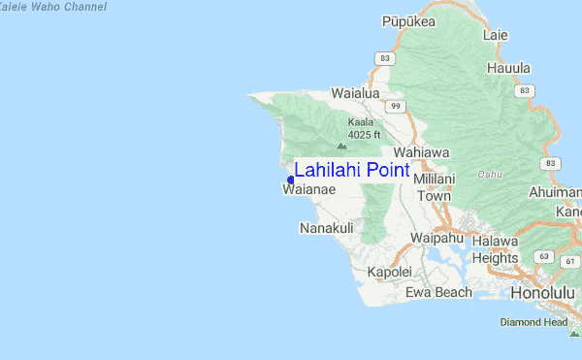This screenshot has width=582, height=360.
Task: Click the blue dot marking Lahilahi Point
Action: (291, 180)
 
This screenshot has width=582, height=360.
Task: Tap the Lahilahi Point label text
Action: (351, 171)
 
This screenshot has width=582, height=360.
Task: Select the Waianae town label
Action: (308, 191)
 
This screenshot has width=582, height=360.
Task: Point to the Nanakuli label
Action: (326, 228)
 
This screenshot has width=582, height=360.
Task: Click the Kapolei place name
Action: (390, 272)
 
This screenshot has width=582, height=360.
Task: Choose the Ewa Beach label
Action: (438, 292)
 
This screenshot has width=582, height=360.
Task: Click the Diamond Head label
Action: (533, 321)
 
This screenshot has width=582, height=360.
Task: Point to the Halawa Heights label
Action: (496, 250)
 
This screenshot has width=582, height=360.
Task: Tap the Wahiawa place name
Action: (422, 153)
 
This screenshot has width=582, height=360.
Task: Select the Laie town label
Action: (495, 35)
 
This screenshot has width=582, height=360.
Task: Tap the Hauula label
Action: (508, 68)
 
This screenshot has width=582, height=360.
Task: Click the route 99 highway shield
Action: (394, 105)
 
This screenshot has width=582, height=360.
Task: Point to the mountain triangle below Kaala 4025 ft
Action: (340, 146)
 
